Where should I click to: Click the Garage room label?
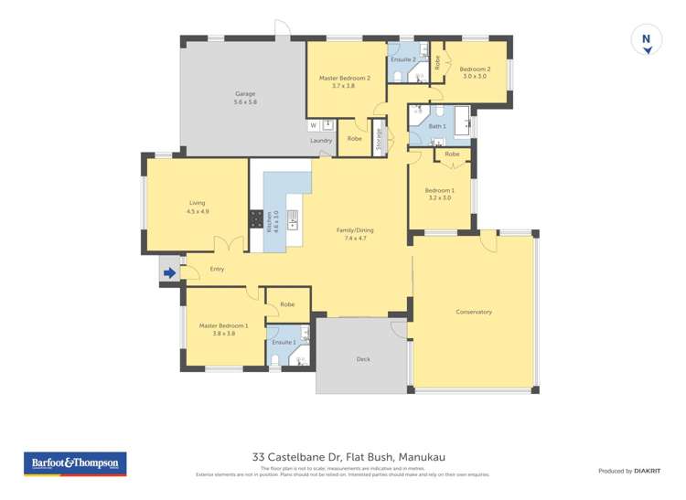[244, 98]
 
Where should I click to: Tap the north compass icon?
[646, 40]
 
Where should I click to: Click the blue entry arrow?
[169, 271]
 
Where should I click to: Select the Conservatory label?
[474, 312]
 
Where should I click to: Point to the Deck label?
[363, 359]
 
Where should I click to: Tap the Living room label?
[198, 207]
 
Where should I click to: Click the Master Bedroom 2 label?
[344, 81]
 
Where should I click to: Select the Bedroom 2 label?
[475, 72]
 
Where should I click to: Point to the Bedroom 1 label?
[440, 194]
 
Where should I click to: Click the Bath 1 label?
[437, 126]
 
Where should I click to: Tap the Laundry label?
[320, 141]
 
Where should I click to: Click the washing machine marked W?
[313, 125]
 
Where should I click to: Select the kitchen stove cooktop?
[255, 220]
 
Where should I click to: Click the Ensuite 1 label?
[284, 342]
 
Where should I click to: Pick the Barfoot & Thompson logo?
[74, 463]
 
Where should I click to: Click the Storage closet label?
[379, 140]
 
